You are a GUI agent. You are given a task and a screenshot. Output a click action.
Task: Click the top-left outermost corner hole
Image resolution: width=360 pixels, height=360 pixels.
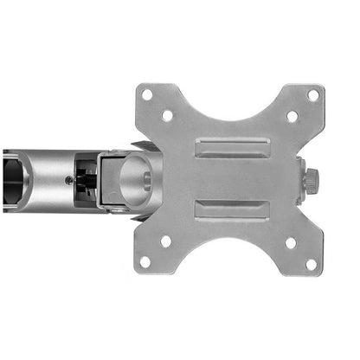pyautogui.click(x=148, y=94)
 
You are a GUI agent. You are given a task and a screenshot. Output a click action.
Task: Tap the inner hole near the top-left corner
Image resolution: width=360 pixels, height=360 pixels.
pyautogui.click(x=167, y=115)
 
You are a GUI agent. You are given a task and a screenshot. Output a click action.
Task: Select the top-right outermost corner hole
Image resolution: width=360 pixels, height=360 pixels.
pyautogui.click(x=312, y=94)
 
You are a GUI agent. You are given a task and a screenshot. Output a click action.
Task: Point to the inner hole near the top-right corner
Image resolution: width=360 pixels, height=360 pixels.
pyautogui.click(x=292, y=115)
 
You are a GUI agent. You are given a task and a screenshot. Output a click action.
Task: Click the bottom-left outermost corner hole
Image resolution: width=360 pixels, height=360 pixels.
pyautogui.click(x=146, y=261)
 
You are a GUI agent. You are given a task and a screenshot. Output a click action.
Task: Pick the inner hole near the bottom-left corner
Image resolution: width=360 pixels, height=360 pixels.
pyautogui.click(x=166, y=241)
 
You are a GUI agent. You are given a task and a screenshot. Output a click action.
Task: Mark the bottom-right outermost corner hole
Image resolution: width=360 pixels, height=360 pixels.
pyautogui.click(x=311, y=261)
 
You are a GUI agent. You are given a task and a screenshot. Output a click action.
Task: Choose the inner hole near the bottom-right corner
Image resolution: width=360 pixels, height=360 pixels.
pyautogui.click(x=292, y=241)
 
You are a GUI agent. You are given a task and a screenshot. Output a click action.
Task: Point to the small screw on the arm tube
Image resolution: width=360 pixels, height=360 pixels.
pyautogui.click(x=69, y=180)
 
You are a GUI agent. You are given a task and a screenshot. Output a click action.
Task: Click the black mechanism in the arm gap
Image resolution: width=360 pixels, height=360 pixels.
pyautogui.click(x=87, y=180)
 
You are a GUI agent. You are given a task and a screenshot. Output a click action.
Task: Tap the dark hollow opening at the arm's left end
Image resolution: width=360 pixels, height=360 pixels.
pyautogui.click(x=12, y=179)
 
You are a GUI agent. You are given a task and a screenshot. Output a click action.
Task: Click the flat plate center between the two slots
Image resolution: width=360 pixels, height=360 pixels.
pyautogui.click(x=229, y=178)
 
